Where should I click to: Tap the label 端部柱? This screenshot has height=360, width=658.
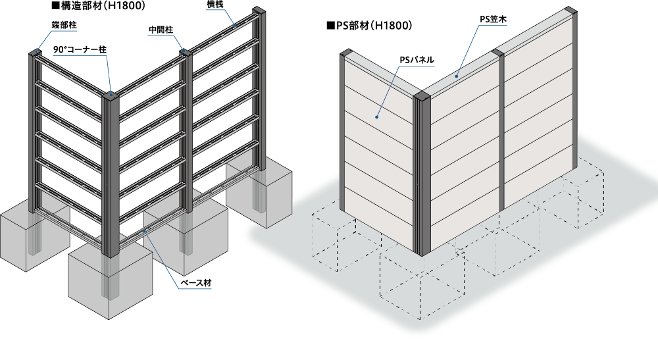64,25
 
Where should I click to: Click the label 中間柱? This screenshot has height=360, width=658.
161,30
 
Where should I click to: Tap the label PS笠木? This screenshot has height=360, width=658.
493,20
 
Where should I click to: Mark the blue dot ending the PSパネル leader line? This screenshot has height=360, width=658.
376,118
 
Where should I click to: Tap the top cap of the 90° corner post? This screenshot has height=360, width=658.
111,95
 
